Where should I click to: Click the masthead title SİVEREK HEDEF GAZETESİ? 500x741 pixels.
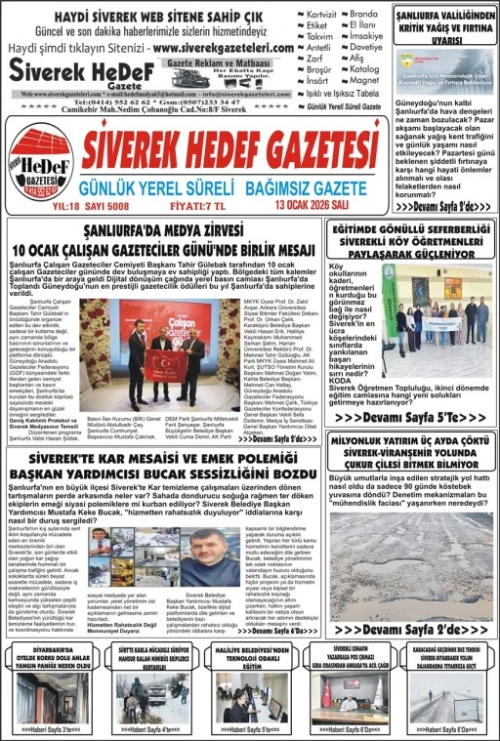coord(230,148)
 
